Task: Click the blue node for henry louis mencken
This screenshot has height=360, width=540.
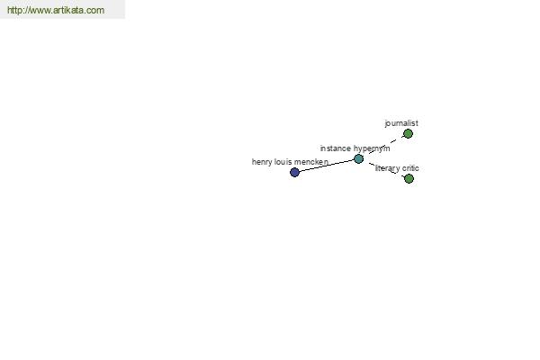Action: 294,172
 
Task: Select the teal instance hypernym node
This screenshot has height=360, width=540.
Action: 358,158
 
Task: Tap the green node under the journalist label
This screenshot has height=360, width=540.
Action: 408,134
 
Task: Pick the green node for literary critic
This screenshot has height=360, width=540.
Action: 409,178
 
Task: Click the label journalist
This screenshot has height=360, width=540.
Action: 401,123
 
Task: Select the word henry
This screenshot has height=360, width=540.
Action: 262,162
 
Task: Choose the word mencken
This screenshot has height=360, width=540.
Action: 311,162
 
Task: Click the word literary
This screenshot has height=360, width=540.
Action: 387,168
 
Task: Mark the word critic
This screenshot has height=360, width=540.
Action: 410,168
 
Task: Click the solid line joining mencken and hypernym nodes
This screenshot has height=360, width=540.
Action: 327,166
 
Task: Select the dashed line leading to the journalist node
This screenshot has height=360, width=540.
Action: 386,144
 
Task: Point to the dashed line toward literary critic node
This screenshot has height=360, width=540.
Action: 386,169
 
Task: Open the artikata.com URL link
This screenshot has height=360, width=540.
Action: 56,10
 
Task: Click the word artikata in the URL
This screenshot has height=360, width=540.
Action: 70,10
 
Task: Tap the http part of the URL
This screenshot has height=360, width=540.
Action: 14,10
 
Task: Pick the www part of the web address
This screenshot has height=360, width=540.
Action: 40,10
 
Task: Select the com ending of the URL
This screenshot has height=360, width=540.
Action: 97,10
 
